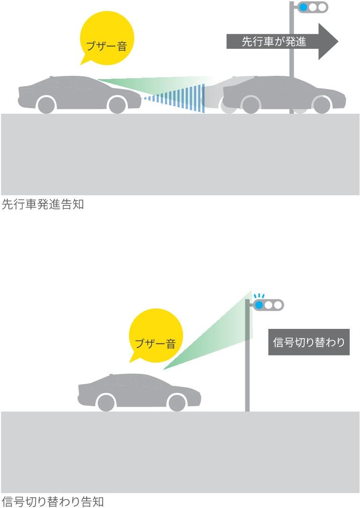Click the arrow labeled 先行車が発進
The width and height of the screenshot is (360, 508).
[x=275, y=42]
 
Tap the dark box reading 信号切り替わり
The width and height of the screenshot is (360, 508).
[x=309, y=342]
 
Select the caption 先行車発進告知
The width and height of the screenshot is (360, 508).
[x=43, y=205]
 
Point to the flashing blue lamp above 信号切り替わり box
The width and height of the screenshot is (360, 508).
[x=259, y=305]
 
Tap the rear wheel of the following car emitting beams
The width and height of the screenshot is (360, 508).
[x=46, y=105]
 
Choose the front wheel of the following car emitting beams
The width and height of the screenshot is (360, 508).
[x=117, y=105]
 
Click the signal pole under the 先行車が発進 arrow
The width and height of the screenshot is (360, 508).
[x=292, y=76]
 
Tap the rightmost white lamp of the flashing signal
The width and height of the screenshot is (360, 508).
[x=277, y=305]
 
